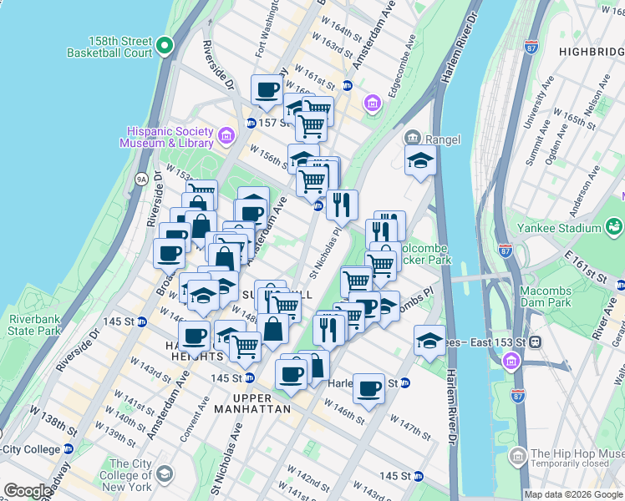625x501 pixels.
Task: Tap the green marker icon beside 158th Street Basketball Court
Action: [x=165, y=46]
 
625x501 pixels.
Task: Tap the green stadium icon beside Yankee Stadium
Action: [x=614, y=225]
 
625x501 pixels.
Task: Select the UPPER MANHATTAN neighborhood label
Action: [x=252, y=402]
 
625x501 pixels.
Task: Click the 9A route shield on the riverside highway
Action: [x=141, y=178]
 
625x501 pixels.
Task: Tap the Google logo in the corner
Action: [x=28, y=490]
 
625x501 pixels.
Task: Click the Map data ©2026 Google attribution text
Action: [x=572, y=494]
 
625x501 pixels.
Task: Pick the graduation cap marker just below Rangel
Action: [x=420, y=162]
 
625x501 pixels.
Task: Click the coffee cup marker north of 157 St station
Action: [x=267, y=90]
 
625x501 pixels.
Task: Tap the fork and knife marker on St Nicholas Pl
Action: [x=342, y=203]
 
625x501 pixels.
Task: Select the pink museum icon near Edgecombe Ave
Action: [x=372, y=103]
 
